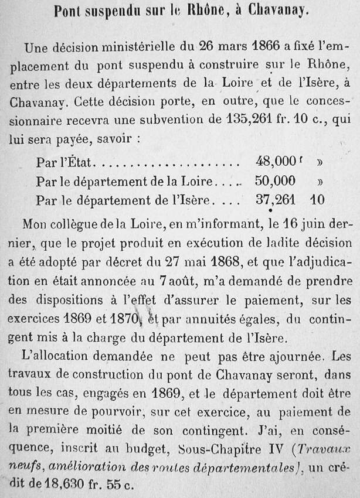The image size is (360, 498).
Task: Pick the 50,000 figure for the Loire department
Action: (x=274, y=181)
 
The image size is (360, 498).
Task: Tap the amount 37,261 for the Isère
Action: (x=276, y=200)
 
